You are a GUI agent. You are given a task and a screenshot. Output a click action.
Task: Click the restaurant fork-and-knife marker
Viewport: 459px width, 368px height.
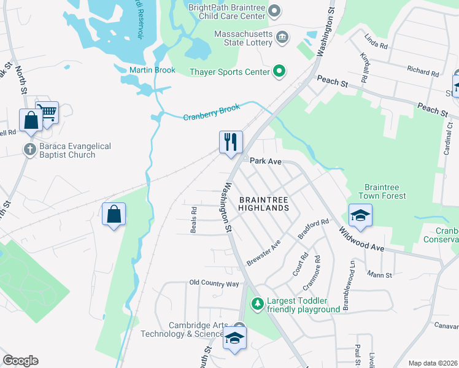pyautogui.click(x=231, y=142)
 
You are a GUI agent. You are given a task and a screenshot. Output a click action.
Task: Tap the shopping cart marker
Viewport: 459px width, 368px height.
pyautogui.click(x=47, y=112)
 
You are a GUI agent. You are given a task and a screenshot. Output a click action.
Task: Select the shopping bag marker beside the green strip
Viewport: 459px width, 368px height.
pyautogui.click(x=114, y=214)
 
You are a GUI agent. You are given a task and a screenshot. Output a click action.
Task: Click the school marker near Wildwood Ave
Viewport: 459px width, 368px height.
pyautogui.click(x=360, y=215)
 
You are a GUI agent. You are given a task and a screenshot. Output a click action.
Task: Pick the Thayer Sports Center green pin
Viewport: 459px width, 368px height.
pyautogui.click(x=279, y=72)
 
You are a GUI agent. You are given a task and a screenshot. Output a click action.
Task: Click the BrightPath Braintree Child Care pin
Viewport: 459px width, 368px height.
pyautogui.click(x=274, y=10)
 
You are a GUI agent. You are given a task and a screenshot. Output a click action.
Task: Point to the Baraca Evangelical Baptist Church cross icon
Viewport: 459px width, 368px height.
pyautogui.click(x=29, y=149)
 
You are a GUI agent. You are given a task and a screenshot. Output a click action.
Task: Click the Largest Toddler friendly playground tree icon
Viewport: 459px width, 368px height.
pyautogui.click(x=258, y=304)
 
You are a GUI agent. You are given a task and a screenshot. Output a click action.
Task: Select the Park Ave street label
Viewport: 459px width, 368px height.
pyautogui.click(x=266, y=161)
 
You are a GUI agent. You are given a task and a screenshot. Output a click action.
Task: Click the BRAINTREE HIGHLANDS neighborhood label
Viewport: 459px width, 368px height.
pyautogui.click(x=263, y=204)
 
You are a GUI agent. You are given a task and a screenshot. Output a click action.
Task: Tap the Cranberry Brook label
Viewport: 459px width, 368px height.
pyautogui.click(x=211, y=112)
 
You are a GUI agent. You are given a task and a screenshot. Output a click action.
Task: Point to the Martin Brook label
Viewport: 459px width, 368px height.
pyautogui.click(x=152, y=70)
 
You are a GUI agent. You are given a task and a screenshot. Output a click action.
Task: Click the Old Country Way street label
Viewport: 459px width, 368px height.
pyautogui.click(x=214, y=283)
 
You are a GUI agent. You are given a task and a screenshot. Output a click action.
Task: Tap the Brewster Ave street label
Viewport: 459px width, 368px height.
pyautogui.click(x=263, y=252)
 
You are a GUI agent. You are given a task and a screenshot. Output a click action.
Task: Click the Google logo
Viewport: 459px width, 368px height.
pyautogui.click(x=20, y=361)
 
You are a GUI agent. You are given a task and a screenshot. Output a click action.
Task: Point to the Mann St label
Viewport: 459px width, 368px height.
pyautogui.click(x=379, y=275)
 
